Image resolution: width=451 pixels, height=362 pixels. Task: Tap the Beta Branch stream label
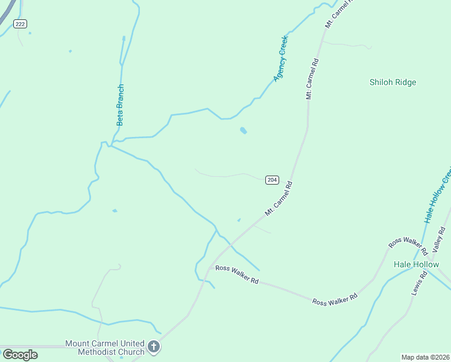click(x=120, y=104)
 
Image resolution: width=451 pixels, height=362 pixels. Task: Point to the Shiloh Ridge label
click(x=393, y=83)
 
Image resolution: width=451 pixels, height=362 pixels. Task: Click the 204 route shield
click(x=272, y=180)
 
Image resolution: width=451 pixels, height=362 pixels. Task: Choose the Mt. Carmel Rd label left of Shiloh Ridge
click(x=312, y=78)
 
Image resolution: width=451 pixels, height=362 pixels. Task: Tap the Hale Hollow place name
click(x=417, y=264)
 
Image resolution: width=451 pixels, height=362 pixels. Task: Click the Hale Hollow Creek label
click(x=438, y=200)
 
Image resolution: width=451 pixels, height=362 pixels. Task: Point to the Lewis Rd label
click(x=420, y=282)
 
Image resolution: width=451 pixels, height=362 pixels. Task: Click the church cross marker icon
click(x=154, y=347)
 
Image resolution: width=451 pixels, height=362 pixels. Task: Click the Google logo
click(x=20, y=354)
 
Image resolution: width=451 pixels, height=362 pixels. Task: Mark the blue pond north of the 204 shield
click(x=243, y=130)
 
